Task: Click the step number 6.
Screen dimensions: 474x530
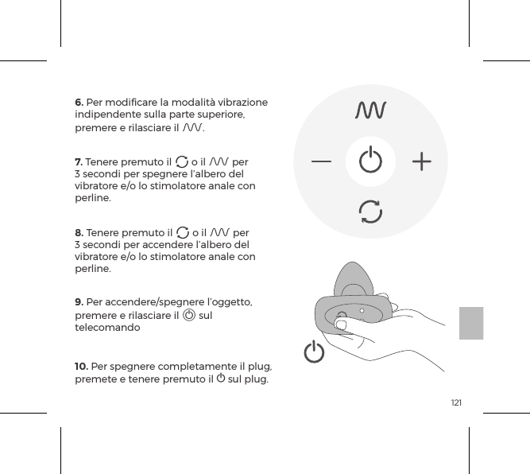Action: [x=79, y=103]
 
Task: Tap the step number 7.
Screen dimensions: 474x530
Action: [x=79, y=163]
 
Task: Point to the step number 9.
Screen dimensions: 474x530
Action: [x=79, y=302]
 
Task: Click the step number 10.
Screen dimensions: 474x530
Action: [x=81, y=366]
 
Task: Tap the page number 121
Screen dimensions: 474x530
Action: [x=456, y=404]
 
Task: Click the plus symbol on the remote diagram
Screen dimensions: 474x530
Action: [x=422, y=162]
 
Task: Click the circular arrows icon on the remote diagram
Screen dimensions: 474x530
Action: [x=370, y=212]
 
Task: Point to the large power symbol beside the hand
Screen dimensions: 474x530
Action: [x=315, y=352]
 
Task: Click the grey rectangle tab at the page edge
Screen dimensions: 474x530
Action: [x=471, y=321]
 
